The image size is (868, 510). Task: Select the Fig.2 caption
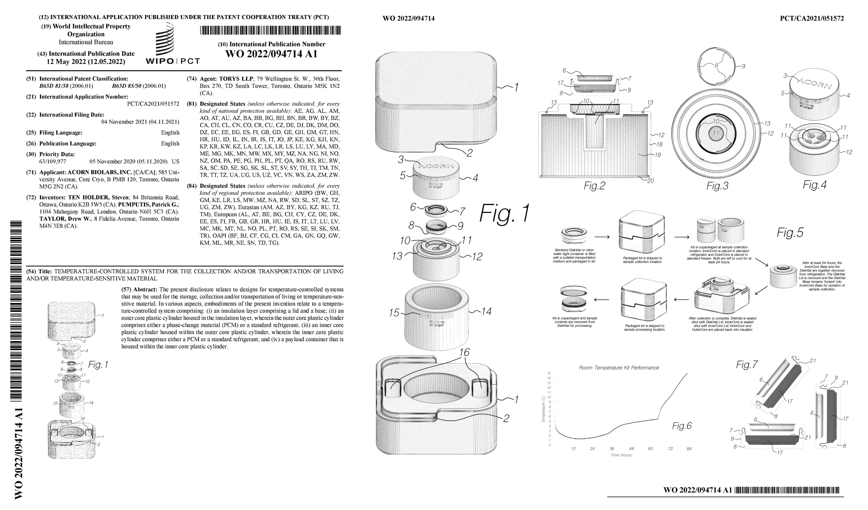[x=594, y=186]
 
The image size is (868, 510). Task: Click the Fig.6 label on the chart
[x=682, y=426]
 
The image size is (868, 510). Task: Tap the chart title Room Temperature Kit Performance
[x=619, y=368]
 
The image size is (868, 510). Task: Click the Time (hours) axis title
[x=621, y=455]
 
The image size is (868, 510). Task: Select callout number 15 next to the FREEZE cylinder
[x=394, y=313]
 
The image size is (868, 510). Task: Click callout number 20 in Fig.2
[x=650, y=180]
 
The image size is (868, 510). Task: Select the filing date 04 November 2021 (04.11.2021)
[x=140, y=122]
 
